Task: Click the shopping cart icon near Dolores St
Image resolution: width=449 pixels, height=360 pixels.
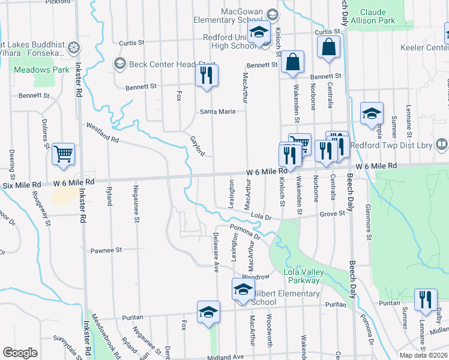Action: coord(63,155)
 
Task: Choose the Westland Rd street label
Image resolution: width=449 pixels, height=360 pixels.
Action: coord(103,132)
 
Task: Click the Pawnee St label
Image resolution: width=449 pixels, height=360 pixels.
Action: coord(106,250)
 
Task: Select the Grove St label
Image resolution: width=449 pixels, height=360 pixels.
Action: coord(333,213)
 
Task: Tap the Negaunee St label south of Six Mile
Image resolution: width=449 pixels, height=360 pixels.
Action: coord(136,212)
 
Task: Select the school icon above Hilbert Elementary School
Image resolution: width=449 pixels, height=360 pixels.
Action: coord(243,289)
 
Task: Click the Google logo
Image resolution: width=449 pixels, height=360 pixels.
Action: coord(20,353)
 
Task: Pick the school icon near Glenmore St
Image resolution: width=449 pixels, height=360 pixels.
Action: coord(372,113)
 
